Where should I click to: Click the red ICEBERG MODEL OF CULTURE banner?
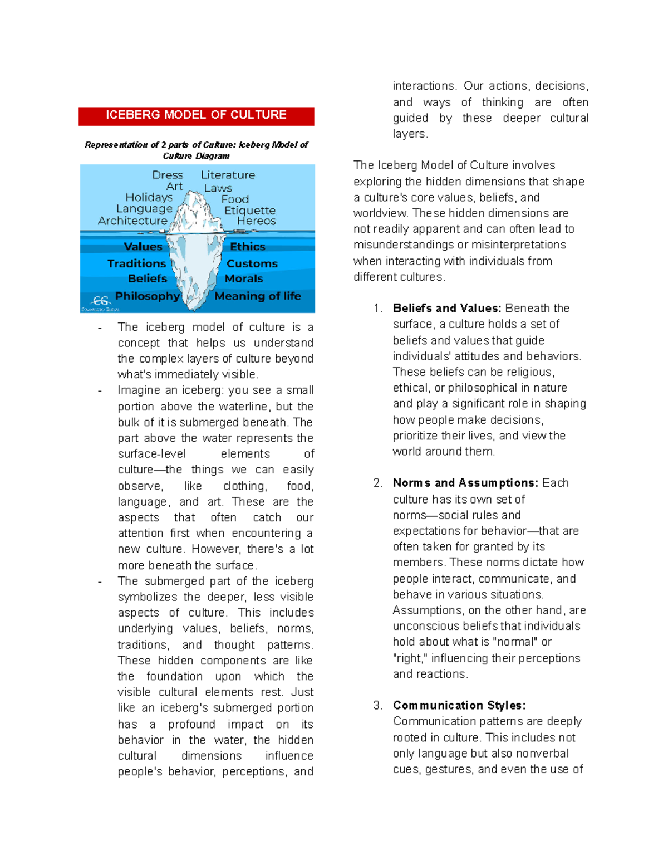click(x=196, y=116)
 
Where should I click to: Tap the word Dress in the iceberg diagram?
click(x=167, y=175)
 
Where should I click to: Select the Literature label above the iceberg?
click(x=228, y=175)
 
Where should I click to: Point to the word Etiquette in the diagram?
click(x=249, y=211)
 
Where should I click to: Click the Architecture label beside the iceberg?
click(x=132, y=221)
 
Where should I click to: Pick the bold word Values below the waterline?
click(x=143, y=247)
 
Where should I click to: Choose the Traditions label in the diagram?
click(x=136, y=263)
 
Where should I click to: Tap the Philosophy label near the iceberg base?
click(x=148, y=296)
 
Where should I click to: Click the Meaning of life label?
click(x=258, y=296)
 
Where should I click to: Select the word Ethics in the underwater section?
click(x=247, y=247)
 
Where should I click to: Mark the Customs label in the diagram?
click(x=252, y=263)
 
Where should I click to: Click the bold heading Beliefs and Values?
click(x=447, y=309)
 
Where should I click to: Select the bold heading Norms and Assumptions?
click(x=465, y=483)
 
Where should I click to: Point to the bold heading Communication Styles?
click(x=459, y=706)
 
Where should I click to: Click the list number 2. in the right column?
click(x=378, y=483)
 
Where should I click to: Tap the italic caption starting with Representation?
click(x=196, y=150)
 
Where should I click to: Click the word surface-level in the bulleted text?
click(x=151, y=454)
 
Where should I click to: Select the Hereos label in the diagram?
click(x=256, y=221)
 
